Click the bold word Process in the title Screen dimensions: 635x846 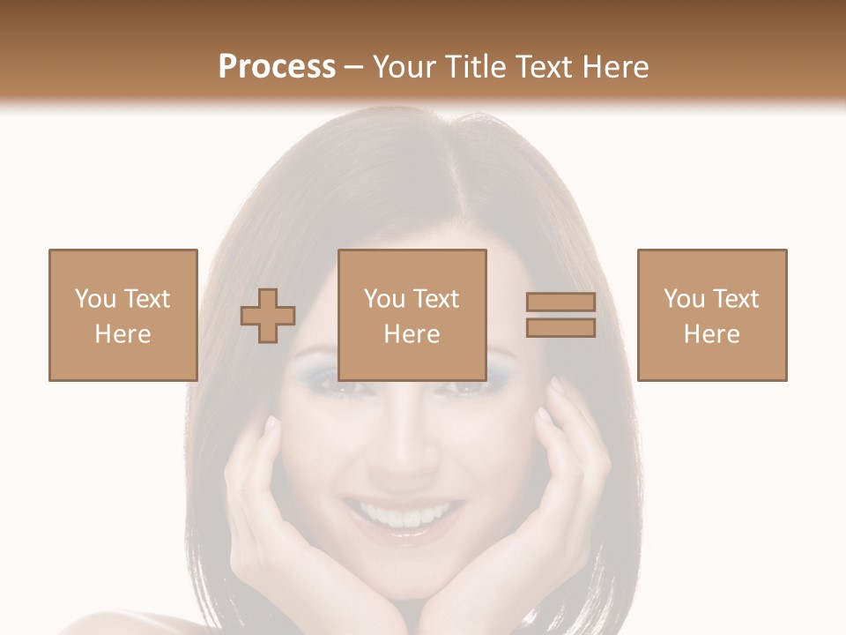(277, 67)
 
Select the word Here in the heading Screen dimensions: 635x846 (613, 67)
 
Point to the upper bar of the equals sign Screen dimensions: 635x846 (560, 303)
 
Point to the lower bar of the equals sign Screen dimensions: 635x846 (560, 328)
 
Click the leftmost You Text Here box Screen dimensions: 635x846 (123, 315)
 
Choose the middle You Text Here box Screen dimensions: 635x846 (412, 315)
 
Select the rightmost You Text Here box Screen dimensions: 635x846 (712, 315)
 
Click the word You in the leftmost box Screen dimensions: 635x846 (95, 299)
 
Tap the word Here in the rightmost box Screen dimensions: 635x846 (712, 334)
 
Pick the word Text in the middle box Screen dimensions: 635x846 (436, 299)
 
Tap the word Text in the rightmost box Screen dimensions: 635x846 (736, 299)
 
